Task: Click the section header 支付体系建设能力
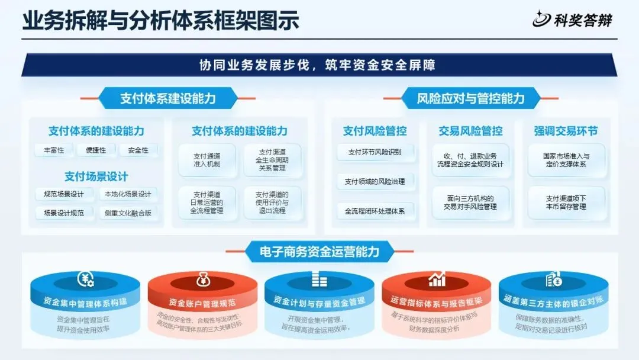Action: (x=167, y=98)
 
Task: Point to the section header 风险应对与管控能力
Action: (x=471, y=98)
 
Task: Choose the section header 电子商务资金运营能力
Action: (x=319, y=251)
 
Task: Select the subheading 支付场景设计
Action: (x=96, y=176)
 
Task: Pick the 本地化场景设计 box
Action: (x=128, y=194)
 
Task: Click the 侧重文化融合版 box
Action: (x=128, y=213)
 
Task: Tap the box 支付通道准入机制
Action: (x=206, y=160)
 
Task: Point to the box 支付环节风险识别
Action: (x=375, y=152)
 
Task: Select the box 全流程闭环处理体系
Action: (x=375, y=211)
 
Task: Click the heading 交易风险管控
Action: (x=470, y=131)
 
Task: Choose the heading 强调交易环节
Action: (x=566, y=131)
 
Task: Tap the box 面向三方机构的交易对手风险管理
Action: (x=470, y=202)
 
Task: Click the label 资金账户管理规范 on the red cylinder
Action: (x=202, y=302)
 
